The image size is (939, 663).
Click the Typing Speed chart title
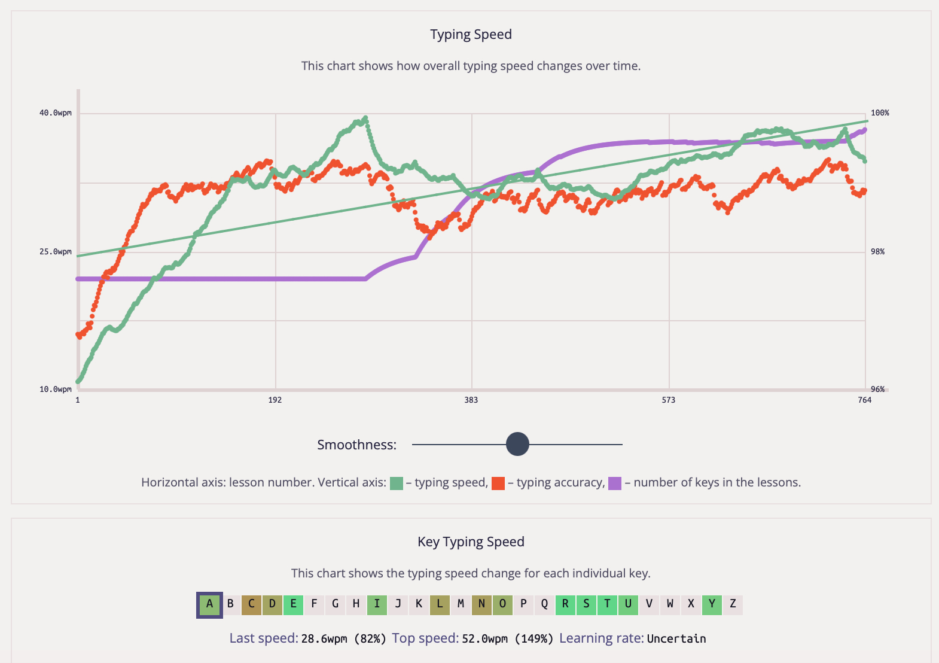click(x=471, y=35)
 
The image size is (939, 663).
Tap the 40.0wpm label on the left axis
click(x=55, y=113)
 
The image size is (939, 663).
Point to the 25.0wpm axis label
click(x=55, y=252)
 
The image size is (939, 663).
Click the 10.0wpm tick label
click(x=55, y=390)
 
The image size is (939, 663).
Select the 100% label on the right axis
click(x=880, y=113)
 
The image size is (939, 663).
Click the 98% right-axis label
click(x=877, y=252)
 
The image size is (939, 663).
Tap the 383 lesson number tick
click(x=471, y=400)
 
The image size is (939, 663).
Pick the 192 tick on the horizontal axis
click(x=275, y=400)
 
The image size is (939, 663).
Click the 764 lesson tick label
click(x=865, y=400)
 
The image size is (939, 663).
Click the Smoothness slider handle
click(x=517, y=445)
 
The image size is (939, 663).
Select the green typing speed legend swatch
click(x=396, y=483)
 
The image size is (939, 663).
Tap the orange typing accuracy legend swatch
click(x=498, y=483)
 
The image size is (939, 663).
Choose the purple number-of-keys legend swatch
click(x=615, y=483)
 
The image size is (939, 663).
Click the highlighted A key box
click(x=209, y=604)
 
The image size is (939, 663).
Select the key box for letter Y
click(x=712, y=604)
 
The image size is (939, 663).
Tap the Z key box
click(x=733, y=604)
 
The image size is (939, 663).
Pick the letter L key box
click(x=440, y=604)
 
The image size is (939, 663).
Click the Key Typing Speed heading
click(x=471, y=542)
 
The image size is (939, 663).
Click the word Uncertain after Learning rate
click(x=676, y=639)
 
